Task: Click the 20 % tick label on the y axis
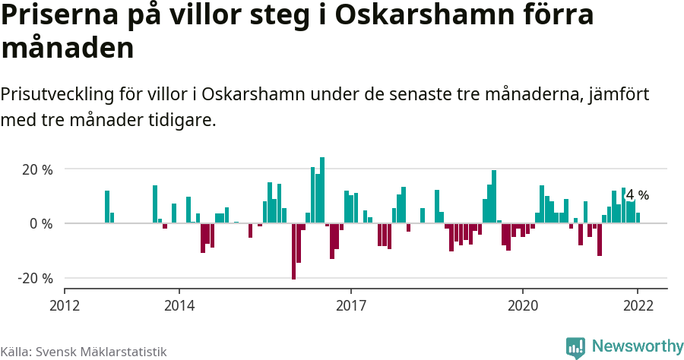(36, 169)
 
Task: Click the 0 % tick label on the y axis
(41, 224)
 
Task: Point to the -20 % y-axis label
(35, 279)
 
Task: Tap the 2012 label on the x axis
(65, 305)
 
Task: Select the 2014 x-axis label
(179, 305)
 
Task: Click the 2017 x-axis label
(351, 305)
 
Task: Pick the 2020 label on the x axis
(523, 305)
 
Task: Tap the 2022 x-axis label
(637, 305)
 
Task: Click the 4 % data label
(637, 195)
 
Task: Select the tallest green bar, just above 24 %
(322, 190)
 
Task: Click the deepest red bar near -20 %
(294, 251)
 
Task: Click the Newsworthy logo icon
(575, 347)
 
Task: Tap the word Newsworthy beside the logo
(637, 346)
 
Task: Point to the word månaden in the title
(68, 48)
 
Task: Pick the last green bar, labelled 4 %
(638, 218)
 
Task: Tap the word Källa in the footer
(15, 352)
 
